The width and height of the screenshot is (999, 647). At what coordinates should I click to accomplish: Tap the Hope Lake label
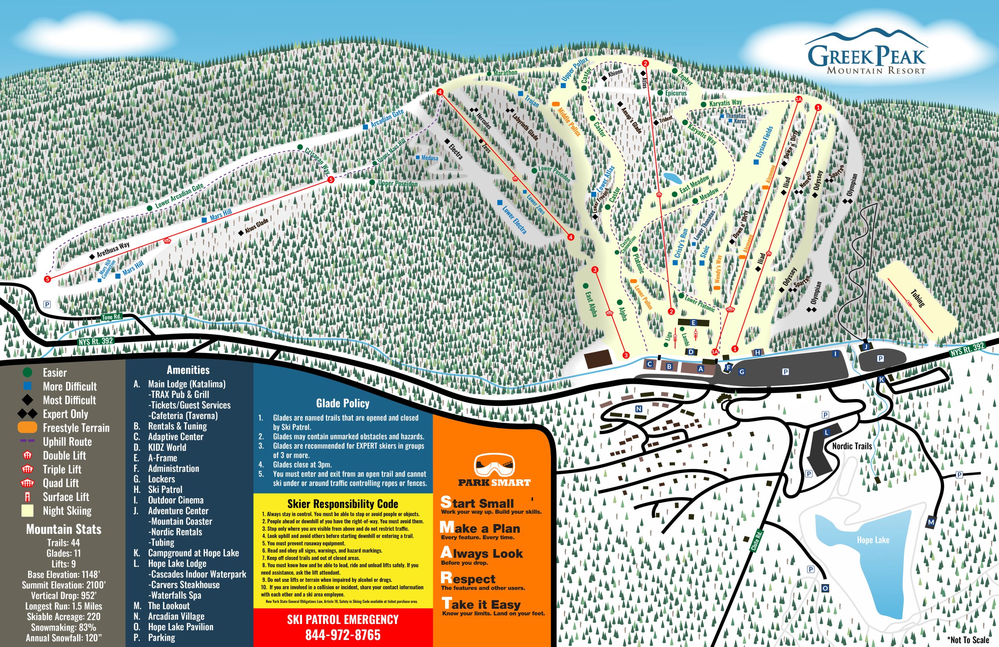pyautogui.click(x=873, y=540)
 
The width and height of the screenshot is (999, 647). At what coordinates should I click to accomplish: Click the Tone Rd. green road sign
pyautogui.click(x=112, y=317)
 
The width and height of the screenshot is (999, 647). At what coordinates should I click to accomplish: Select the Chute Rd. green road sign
pyautogui.click(x=756, y=541)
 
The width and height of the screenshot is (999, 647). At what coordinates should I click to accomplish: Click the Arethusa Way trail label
pyautogui.click(x=113, y=249)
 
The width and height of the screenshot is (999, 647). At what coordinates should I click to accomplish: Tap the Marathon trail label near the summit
pyautogui.click(x=505, y=73)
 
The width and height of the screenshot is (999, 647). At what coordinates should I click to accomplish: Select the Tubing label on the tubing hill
pyautogui.click(x=917, y=298)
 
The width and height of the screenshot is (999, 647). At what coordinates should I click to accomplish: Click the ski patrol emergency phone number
pyautogui.click(x=343, y=635)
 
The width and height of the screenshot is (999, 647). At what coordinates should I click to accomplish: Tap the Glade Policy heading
pyautogui.click(x=343, y=403)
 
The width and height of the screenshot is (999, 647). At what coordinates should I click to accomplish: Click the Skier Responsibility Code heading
pyautogui.click(x=343, y=503)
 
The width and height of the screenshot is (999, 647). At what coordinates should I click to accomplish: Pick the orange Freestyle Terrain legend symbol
pyautogui.click(x=28, y=427)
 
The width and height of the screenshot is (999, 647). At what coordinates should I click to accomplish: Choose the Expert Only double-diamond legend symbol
pyautogui.click(x=28, y=414)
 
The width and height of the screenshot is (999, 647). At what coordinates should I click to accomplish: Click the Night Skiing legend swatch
pyautogui.click(x=27, y=511)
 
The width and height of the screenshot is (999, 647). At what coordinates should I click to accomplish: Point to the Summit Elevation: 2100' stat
pyautogui.click(x=64, y=585)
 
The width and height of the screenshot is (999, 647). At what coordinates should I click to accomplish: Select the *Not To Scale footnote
pyautogui.click(x=968, y=640)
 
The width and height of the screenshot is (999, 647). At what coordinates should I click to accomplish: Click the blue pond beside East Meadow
pyautogui.click(x=672, y=177)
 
